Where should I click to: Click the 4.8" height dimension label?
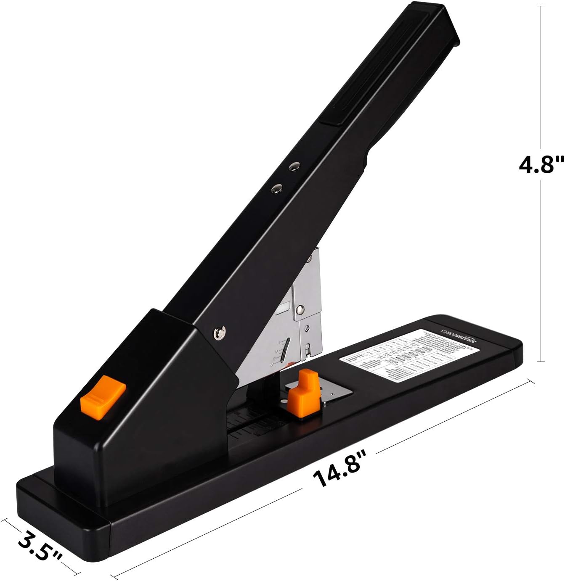coord(540,164)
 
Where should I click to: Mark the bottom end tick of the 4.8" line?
coord(541,361)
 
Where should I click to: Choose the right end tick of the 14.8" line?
coord(531,383)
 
